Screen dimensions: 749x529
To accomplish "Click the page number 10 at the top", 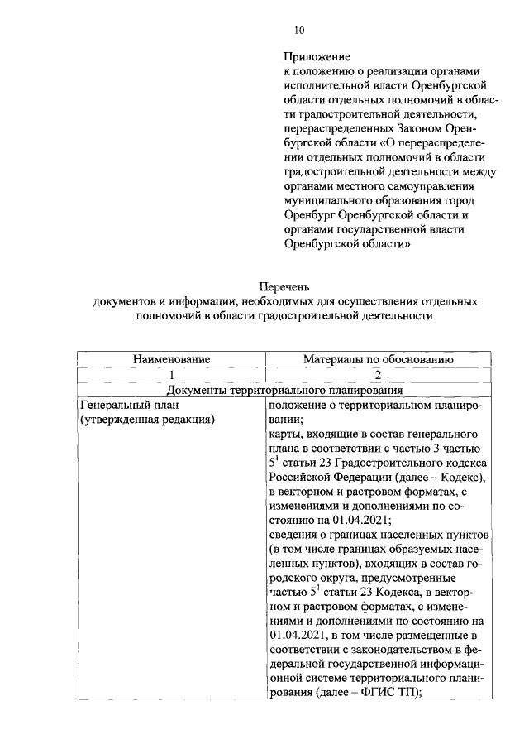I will coord(299,31).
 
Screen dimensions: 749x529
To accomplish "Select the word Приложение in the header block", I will coord(316,58).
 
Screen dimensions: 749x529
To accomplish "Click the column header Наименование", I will coord(172,359).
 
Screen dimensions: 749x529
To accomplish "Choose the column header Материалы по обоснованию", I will coord(378,359).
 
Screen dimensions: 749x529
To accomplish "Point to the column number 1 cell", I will coord(172,375).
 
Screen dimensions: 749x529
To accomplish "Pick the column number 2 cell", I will coord(378,375).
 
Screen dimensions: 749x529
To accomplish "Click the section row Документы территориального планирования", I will coord(284,390).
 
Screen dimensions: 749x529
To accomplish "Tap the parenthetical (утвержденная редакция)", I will coord(147,420).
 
